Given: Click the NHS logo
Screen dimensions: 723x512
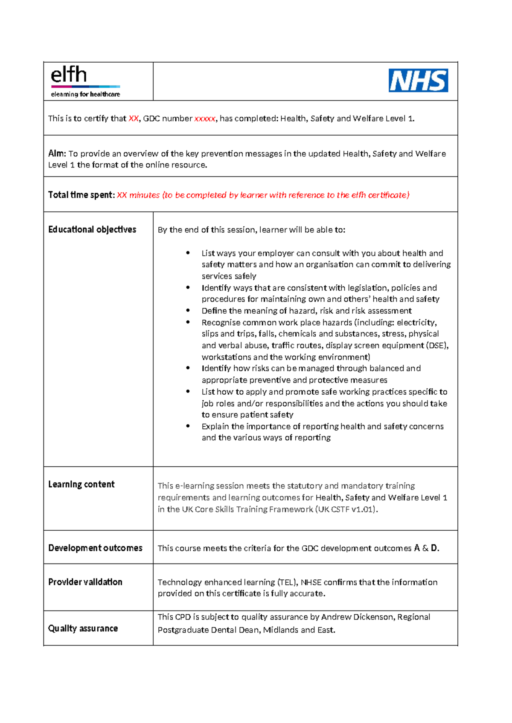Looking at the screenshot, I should point(418,81).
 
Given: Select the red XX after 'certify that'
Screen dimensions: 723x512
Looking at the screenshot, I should point(134,119).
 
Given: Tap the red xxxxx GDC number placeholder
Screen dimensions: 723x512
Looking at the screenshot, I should point(205,119).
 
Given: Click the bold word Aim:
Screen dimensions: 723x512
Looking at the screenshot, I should point(57,153).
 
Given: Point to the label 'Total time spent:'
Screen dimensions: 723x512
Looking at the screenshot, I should point(81,195).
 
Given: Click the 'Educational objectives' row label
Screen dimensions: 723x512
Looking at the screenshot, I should point(92,229).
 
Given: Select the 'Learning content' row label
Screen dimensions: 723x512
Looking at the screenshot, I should point(81,484).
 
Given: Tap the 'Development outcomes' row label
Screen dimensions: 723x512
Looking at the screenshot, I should point(95,548).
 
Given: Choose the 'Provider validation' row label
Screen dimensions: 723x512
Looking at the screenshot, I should point(85,582).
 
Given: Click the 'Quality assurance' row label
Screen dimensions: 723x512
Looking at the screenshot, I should point(83,628).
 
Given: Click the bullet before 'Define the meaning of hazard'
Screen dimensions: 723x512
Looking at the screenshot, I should point(188,311).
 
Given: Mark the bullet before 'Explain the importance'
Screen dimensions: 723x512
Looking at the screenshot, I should point(188,426).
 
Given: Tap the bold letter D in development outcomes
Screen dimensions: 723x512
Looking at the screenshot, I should point(434,548).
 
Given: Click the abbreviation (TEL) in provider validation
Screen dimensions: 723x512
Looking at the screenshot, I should point(287,582).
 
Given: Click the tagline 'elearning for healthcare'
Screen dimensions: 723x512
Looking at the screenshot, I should point(85,94).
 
